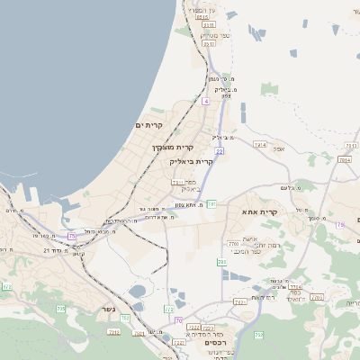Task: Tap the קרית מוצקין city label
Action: [x=173, y=147]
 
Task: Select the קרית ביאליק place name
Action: [x=192, y=161]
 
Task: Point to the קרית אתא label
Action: [x=260, y=211]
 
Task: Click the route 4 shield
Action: [x=205, y=102]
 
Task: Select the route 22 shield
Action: [x=219, y=150]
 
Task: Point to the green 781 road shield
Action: [x=211, y=204]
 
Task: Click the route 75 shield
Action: [x=72, y=236]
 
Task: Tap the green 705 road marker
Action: [x=61, y=309]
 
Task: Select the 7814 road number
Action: [x=344, y=159]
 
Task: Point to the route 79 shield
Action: [x=340, y=224]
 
